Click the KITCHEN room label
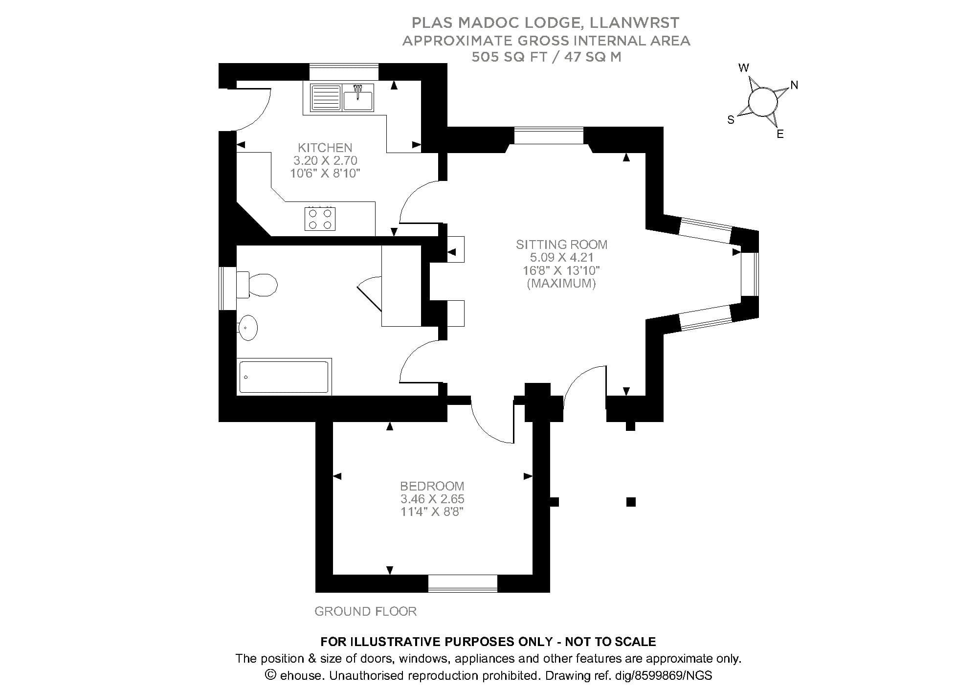[x=325, y=148]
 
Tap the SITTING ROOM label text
[x=561, y=245]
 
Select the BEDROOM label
[x=432, y=486]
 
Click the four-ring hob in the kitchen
[x=320, y=219]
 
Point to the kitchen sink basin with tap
[x=357, y=99]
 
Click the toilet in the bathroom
[x=259, y=285]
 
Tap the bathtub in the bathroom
[x=284, y=377]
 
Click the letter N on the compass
[x=794, y=85]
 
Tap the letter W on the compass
[x=744, y=68]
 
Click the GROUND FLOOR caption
[x=365, y=611]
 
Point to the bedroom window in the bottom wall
[x=463, y=583]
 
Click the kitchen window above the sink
[x=344, y=71]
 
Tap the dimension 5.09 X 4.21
[x=561, y=257]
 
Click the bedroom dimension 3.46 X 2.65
[x=432, y=499]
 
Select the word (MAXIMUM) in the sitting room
[x=561, y=283]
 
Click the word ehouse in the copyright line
[x=301, y=676]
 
